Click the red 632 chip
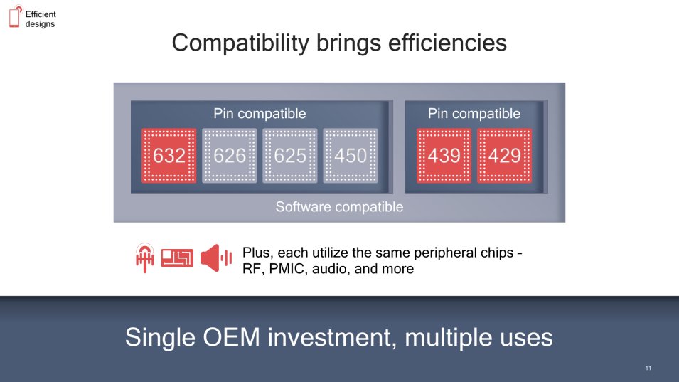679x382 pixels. pos(169,156)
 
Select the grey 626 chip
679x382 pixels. pos(230,156)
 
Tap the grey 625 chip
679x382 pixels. pos(290,156)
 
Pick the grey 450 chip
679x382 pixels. pos(351,156)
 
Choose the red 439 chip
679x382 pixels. pos(444,156)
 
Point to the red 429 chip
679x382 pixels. pos(505,156)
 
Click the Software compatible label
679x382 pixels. pos(340,207)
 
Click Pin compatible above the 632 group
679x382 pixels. pos(260,114)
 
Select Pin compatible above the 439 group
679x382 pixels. pos(474,114)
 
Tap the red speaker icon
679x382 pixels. pos(215,258)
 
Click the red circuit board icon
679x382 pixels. pos(177,258)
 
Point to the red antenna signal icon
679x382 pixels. pos(144,258)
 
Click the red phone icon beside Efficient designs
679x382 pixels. pos(15,16)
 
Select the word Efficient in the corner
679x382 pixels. pos(41,14)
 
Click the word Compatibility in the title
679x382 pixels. pos(240,43)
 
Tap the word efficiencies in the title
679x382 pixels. pos(447,43)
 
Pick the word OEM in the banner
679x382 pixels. pos(231,337)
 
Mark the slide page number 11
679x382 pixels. pos(648,368)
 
